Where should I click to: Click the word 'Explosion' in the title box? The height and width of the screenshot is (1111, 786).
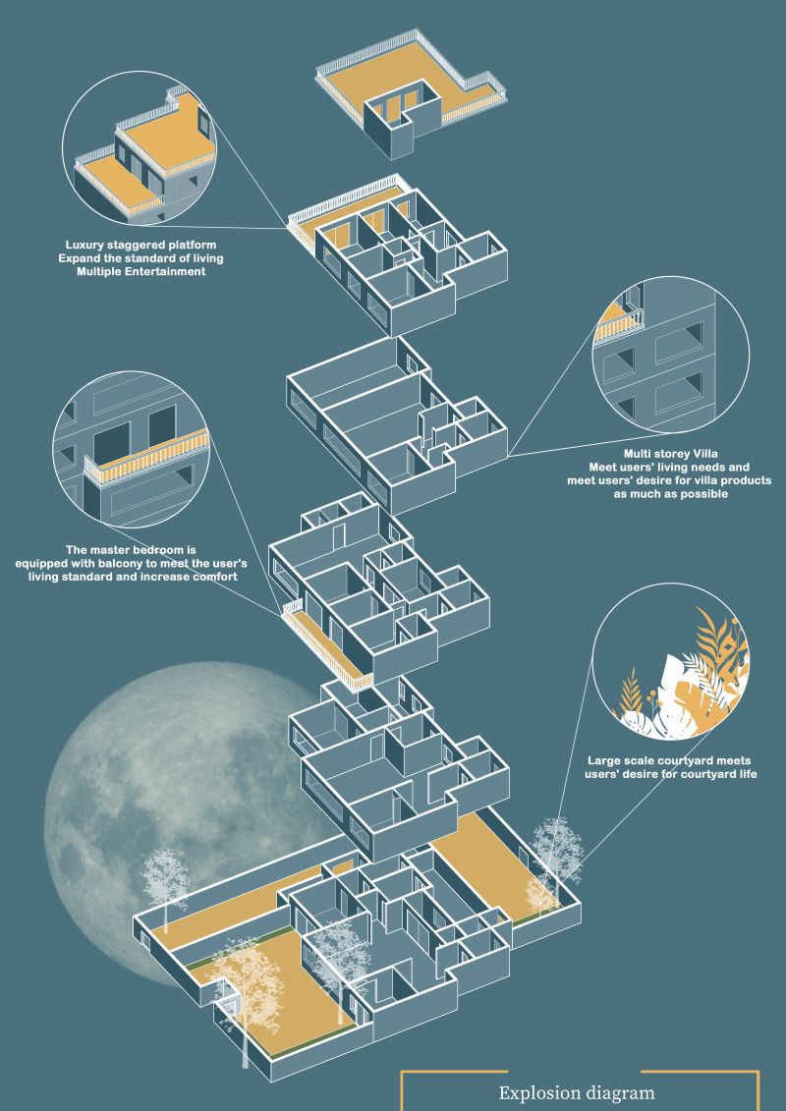[536, 1092]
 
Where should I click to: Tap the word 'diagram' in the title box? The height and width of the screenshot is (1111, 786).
[617, 1093]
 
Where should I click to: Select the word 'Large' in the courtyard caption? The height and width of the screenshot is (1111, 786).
[600, 761]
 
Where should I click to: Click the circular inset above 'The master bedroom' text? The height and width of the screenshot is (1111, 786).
[131, 449]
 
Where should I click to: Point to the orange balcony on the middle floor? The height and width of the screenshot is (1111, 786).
[327, 645]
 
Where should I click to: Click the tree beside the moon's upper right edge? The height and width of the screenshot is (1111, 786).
[166, 887]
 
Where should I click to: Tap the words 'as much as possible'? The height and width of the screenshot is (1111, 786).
[670, 494]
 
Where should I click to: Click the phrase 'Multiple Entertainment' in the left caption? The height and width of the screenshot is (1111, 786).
[141, 271]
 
